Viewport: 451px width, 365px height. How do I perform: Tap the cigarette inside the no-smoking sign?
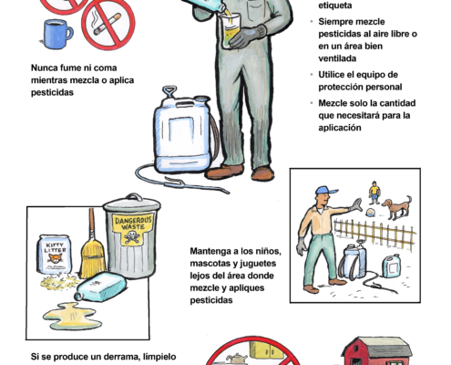(x=107, y=25)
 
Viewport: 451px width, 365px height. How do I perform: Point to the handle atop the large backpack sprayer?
(x=169, y=91)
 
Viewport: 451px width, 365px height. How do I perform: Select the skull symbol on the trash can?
(x=132, y=236)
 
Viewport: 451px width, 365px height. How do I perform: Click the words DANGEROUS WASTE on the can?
(x=133, y=224)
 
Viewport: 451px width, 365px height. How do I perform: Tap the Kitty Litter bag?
(x=55, y=255)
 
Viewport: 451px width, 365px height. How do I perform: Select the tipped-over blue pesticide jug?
(x=101, y=287)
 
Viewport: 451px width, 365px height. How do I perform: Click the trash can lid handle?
(x=134, y=196)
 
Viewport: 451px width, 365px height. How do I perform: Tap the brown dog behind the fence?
(x=397, y=207)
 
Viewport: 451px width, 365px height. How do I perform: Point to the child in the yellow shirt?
(x=374, y=193)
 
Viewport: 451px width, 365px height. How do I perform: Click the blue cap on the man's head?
(x=325, y=191)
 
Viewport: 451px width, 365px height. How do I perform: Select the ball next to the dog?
(x=369, y=213)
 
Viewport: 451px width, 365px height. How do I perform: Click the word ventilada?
(x=337, y=58)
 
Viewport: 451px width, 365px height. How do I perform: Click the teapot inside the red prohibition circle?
(x=236, y=359)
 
